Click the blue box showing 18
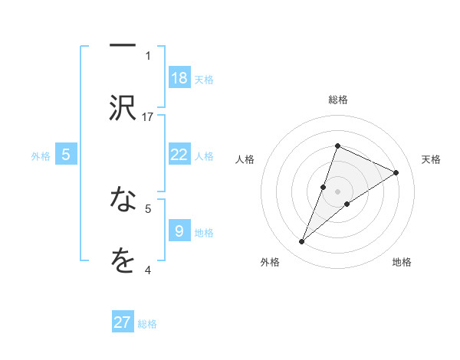click(x=179, y=78)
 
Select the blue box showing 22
click(x=179, y=155)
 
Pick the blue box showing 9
click(x=179, y=231)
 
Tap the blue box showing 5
click(x=66, y=155)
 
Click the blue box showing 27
click(x=123, y=322)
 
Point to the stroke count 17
click(x=148, y=116)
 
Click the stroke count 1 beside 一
click(x=148, y=55)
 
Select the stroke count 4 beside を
click(x=148, y=270)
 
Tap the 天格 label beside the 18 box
click(x=204, y=79)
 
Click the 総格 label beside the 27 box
click(x=147, y=323)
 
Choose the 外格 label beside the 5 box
click(x=41, y=155)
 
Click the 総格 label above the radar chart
click(x=337, y=100)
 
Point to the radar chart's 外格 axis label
click(x=270, y=262)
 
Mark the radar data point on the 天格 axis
click(x=396, y=172)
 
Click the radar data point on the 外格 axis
click(x=301, y=242)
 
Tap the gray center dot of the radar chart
click(x=337, y=191)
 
